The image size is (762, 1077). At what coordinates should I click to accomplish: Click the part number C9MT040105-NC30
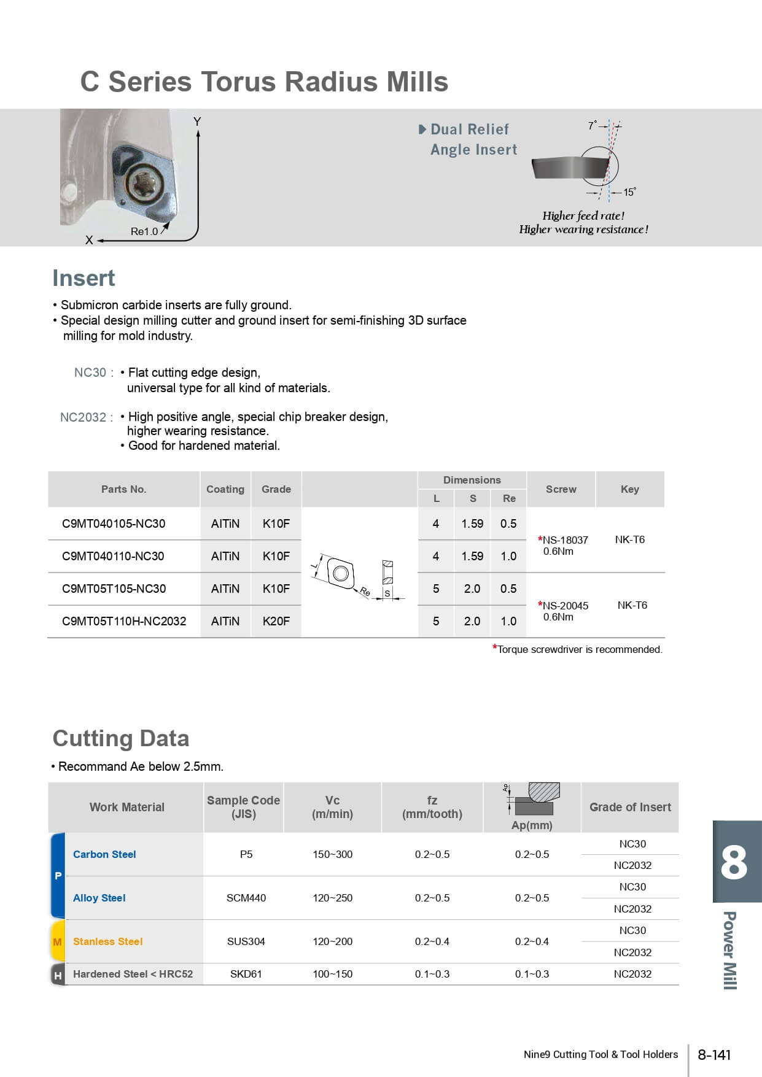click(114, 523)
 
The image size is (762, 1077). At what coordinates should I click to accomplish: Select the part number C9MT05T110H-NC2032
click(124, 621)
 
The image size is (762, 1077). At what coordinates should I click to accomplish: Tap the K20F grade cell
click(276, 621)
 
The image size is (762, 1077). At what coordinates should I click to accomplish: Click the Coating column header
click(225, 489)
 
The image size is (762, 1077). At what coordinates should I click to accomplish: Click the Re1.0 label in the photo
click(144, 231)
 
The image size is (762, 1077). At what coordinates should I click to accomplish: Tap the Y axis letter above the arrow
click(197, 122)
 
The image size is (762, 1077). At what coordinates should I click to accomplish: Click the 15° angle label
click(629, 192)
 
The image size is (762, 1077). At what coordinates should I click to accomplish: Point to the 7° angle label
click(592, 125)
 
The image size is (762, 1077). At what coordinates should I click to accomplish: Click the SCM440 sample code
click(246, 898)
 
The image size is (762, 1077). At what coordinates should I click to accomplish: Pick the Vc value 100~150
click(332, 974)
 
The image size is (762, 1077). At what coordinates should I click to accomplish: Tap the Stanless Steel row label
click(107, 941)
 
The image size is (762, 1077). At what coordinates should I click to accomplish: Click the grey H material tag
click(58, 975)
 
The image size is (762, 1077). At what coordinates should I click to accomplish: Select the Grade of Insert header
click(630, 807)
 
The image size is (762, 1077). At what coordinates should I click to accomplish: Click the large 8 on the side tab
click(734, 862)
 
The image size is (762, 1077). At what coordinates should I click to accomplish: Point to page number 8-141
click(714, 1055)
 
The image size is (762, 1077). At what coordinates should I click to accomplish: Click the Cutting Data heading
click(121, 738)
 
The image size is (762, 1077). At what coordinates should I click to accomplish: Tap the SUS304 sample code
click(246, 941)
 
